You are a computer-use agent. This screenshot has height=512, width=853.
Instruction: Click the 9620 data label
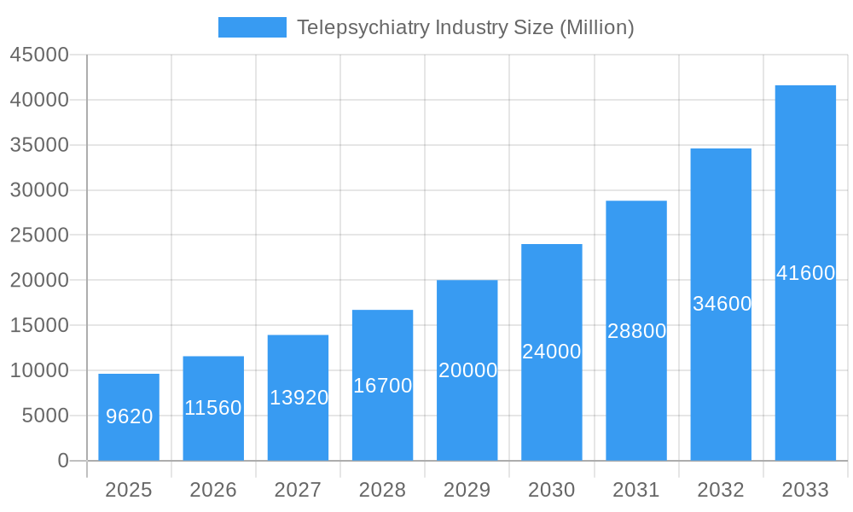click(x=129, y=416)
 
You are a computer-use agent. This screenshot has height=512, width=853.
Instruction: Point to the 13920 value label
click(x=299, y=398)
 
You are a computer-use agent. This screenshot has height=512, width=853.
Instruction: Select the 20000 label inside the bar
click(x=467, y=370)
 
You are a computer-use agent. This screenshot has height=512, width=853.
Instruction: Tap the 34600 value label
click(x=722, y=304)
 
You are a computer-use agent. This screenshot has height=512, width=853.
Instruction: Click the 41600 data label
click(x=805, y=273)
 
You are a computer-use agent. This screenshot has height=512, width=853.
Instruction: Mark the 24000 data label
click(x=551, y=352)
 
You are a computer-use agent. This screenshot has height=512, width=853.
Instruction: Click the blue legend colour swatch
click(x=252, y=27)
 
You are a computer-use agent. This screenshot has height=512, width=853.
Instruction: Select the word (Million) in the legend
click(x=596, y=27)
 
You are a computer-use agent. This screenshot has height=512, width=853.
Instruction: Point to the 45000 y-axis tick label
click(x=39, y=55)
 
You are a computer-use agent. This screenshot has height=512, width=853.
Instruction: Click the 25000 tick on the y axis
click(x=39, y=235)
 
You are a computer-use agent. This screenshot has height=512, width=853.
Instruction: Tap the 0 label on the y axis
click(x=63, y=461)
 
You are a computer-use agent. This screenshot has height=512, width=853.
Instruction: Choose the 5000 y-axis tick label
click(x=44, y=416)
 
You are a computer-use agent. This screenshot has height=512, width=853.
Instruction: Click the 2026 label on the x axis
click(x=213, y=490)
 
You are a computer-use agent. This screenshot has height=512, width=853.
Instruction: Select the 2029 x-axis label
click(x=467, y=490)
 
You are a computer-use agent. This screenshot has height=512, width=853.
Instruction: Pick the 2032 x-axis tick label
click(x=721, y=490)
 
